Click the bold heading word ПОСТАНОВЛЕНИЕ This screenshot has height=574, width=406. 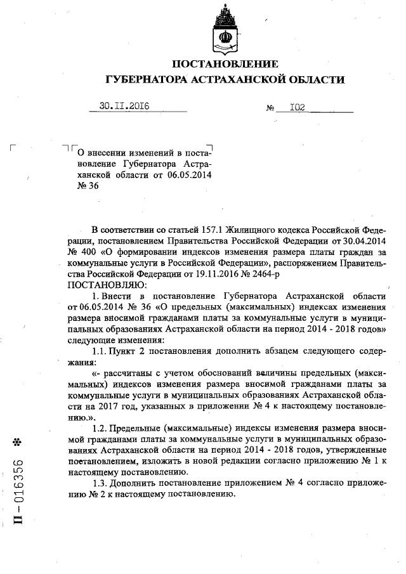coord(225,64)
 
